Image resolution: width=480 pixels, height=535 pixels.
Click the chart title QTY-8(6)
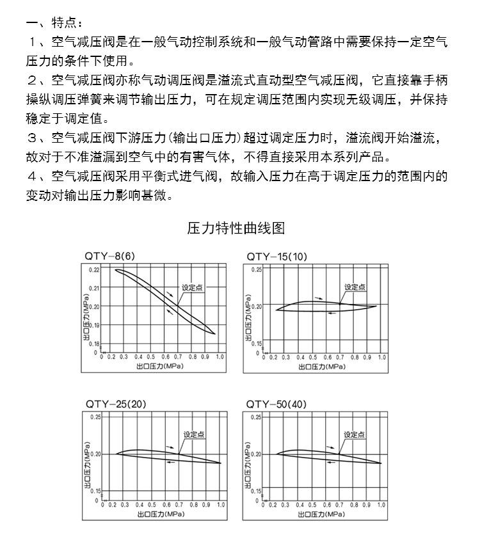110,257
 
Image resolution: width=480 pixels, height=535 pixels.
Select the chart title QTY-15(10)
277,257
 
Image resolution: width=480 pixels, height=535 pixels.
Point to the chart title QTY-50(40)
277,404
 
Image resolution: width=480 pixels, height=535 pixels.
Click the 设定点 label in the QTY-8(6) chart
192,288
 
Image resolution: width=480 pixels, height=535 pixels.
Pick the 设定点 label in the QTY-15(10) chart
355,287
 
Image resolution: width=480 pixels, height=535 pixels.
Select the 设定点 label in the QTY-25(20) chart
194,435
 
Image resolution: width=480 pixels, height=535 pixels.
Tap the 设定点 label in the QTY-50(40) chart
355,435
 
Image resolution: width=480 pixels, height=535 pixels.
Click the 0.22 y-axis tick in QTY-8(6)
95,270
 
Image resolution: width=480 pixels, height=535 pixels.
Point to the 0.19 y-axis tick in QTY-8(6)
95,326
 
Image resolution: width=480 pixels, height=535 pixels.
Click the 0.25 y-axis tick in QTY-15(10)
256,270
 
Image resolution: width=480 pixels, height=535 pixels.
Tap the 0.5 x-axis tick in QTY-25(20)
151,505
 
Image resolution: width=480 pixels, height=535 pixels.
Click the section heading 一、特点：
54,24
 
